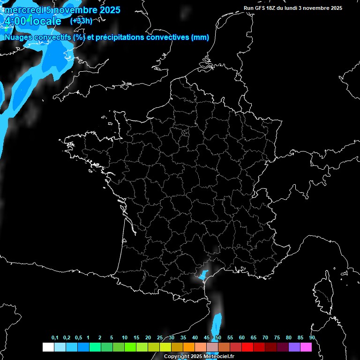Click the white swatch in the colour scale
[48, 347]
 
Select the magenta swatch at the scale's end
[306, 347]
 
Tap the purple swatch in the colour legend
[294, 347]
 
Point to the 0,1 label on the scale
[55, 337]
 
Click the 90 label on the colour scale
[312, 337]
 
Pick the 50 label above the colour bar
[218, 337]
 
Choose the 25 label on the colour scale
[160, 337]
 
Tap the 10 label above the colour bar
[125, 337]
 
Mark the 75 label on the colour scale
[277, 337]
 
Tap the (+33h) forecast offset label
[81, 21]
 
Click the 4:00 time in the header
[15, 21]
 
